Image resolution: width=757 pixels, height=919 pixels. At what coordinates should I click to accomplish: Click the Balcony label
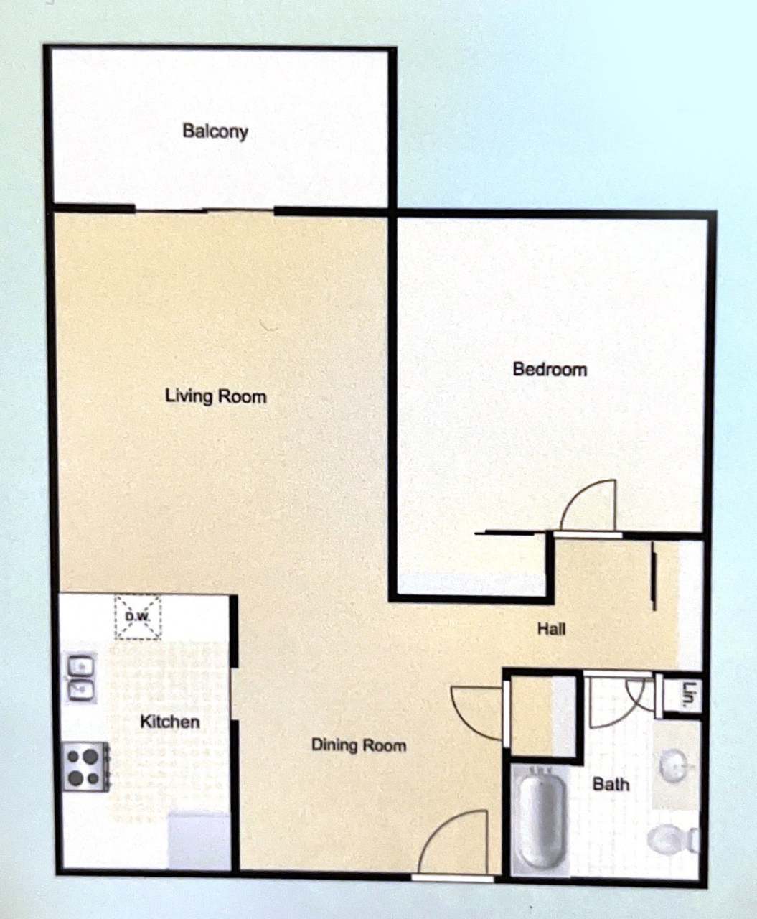pyautogui.click(x=215, y=131)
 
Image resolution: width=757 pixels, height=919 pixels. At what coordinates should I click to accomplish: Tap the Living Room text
pyautogui.click(x=215, y=396)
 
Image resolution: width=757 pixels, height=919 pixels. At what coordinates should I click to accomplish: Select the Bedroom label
pyautogui.click(x=550, y=369)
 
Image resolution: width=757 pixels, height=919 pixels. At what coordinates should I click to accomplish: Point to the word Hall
pyautogui.click(x=551, y=629)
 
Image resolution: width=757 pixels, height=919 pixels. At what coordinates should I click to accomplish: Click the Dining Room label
pyautogui.click(x=358, y=745)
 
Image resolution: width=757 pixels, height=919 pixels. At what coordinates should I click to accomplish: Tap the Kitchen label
pyautogui.click(x=169, y=721)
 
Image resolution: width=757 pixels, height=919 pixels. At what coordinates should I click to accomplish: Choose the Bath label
pyautogui.click(x=611, y=784)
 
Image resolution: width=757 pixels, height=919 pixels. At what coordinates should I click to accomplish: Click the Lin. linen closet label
pyautogui.click(x=690, y=695)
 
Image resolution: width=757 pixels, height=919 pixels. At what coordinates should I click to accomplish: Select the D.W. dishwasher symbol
pyautogui.click(x=138, y=617)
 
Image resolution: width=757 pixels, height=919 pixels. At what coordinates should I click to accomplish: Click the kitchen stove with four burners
pyautogui.click(x=85, y=767)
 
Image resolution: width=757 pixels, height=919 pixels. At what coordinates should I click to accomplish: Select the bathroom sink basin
pyautogui.click(x=674, y=767)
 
